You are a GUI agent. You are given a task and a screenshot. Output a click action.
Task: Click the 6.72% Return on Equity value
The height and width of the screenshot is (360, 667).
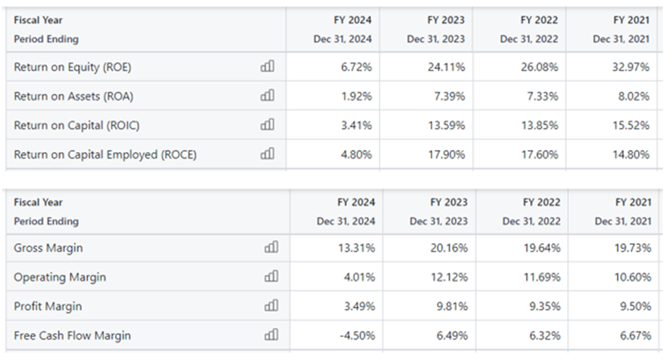356,67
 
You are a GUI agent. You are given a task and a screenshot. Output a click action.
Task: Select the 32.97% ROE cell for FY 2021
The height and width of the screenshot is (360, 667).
633,67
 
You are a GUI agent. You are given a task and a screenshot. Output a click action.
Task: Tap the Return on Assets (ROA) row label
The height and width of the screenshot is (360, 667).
73,97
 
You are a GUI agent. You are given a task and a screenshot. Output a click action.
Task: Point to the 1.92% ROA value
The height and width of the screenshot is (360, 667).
356,97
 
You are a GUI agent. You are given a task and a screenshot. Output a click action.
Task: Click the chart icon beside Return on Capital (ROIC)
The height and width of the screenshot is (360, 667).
267,125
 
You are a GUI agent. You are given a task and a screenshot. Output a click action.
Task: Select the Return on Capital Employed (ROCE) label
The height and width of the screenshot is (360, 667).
105,155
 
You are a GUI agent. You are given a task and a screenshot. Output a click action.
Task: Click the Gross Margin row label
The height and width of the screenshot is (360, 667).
48,248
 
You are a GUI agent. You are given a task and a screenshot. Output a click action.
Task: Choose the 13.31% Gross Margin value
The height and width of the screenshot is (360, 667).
357,248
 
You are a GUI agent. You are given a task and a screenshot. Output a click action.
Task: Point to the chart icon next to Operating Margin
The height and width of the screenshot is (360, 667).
271,277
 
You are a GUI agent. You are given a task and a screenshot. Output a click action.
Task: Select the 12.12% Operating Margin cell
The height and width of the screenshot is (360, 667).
449,277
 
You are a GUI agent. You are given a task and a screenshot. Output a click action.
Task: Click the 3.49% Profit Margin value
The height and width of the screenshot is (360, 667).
359,307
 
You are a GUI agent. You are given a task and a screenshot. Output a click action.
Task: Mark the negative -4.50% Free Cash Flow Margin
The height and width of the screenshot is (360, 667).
357,335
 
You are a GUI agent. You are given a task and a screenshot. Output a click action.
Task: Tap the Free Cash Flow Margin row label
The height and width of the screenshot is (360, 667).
72,335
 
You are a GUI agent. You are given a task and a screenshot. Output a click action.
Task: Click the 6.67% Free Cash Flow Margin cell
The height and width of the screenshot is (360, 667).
636,335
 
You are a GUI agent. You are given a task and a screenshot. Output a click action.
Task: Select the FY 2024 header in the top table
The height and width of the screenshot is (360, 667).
352,21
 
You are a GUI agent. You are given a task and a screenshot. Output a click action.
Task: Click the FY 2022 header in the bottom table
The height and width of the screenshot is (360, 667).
541,203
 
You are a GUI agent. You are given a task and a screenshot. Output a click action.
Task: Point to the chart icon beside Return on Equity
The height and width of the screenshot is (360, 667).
267,67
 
